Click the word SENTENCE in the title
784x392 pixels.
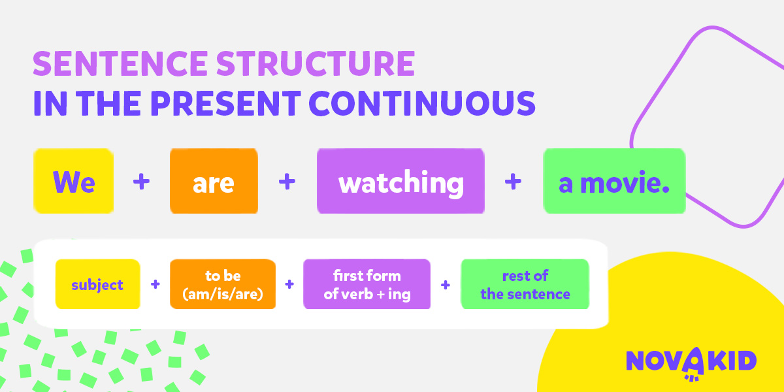120,63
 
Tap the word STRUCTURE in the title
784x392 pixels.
316,63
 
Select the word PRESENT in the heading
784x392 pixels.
225,103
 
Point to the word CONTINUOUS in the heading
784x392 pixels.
422,103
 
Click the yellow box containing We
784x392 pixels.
73,181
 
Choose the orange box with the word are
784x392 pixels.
214,181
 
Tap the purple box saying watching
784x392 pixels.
400,181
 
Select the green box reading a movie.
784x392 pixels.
614,181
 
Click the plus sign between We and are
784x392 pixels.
141,182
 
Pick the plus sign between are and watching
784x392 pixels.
287,182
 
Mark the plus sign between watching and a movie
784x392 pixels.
513,182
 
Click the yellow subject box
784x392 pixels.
97,284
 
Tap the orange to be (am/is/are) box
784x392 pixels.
223,284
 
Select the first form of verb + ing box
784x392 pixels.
367,284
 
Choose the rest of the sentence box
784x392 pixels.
525,284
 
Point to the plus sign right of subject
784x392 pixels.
155,284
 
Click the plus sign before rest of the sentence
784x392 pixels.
446,285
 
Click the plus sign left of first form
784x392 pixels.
289,284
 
